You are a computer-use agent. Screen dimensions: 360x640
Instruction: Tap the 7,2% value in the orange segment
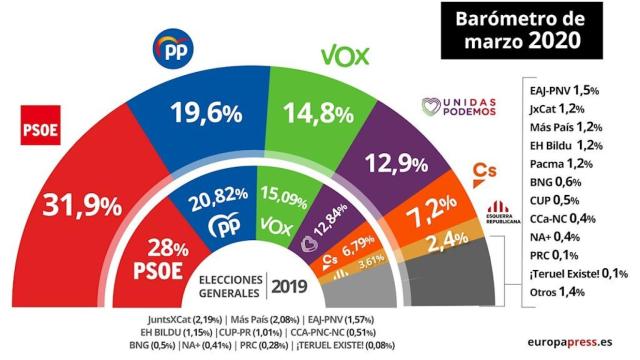tap(459, 214)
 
